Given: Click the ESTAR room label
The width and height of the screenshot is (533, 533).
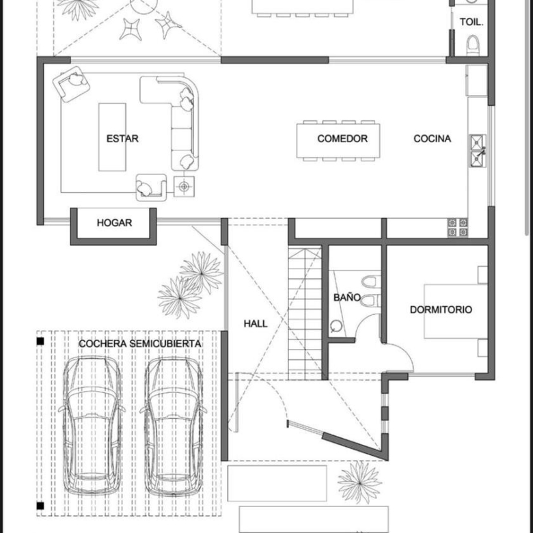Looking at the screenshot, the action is pyautogui.click(x=122, y=139).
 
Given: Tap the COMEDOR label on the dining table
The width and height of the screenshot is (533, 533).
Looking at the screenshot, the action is pyautogui.click(x=342, y=139).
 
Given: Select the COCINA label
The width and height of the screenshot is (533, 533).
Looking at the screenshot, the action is pyautogui.click(x=432, y=139).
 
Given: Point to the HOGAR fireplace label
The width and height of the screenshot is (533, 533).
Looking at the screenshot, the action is pyautogui.click(x=114, y=223).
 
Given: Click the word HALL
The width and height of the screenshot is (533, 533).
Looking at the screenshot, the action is pyautogui.click(x=256, y=324).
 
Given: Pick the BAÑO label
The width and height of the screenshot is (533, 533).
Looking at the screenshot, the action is pyautogui.click(x=346, y=297).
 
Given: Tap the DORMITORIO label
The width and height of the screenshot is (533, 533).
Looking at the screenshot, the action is pyautogui.click(x=441, y=310).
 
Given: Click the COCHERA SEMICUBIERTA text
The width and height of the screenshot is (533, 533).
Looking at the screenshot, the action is pyautogui.click(x=139, y=344).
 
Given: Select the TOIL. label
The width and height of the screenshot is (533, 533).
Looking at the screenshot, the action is pyautogui.click(x=471, y=22).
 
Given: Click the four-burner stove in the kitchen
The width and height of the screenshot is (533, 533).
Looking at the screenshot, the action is pyautogui.click(x=458, y=228).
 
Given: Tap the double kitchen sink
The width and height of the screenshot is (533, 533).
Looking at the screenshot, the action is pyautogui.click(x=478, y=151).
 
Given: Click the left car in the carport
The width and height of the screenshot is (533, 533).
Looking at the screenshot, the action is pyautogui.click(x=92, y=426).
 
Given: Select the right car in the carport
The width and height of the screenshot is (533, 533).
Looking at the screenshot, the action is pyautogui.click(x=174, y=426).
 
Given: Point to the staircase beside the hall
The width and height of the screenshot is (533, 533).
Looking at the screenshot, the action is pyautogui.click(x=305, y=314).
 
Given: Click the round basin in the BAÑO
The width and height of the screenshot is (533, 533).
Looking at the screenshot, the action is pyautogui.click(x=336, y=326).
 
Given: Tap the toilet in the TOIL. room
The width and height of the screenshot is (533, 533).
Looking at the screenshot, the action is pyautogui.click(x=473, y=45).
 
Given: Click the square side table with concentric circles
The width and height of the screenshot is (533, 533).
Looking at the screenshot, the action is pyautogui.click(x=184, y=187).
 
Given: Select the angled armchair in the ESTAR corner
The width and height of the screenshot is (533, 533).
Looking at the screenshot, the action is pyautogui.click(x=71, y=83).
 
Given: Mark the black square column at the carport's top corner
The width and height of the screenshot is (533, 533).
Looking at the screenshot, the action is pyautogui.click(x=40, y=341).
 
